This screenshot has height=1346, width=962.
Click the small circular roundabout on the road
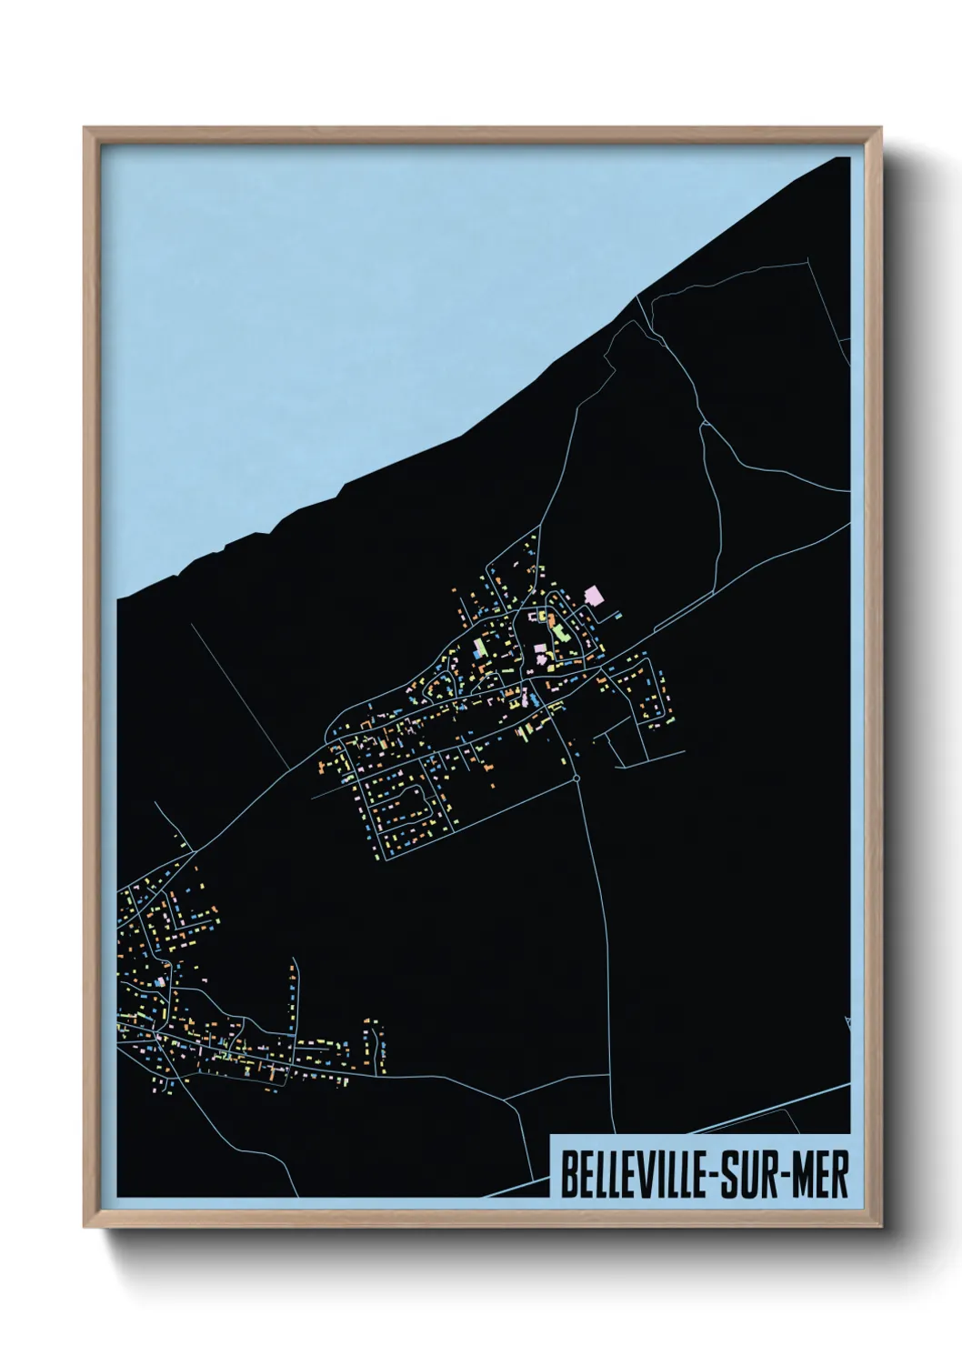click(577, 778)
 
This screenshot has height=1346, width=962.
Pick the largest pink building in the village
click(596, 595)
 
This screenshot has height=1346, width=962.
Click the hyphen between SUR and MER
click(777, 1178)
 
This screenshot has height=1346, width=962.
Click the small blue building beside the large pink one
click(618, 616)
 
